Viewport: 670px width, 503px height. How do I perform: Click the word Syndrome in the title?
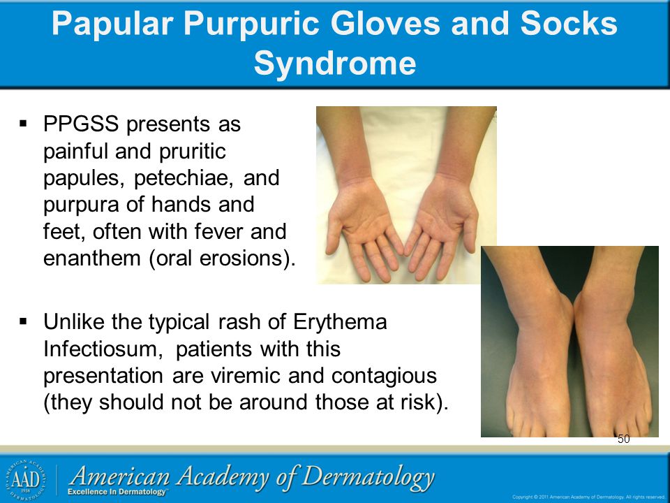tap(335, 64)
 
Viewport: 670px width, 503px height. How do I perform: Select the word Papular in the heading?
tap(112, 24)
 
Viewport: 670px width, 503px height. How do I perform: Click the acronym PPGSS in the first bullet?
tap(81, 124)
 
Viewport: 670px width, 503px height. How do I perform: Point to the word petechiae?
tap(184, 178)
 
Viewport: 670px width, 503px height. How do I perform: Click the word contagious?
tap(384, 377)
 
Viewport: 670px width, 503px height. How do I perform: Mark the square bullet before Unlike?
tap(23, 321)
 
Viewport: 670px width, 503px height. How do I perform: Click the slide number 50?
tap(623, 439)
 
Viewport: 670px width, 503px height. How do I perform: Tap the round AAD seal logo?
tap(26, 480)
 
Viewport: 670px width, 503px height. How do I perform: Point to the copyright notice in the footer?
tap(588, 497)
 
